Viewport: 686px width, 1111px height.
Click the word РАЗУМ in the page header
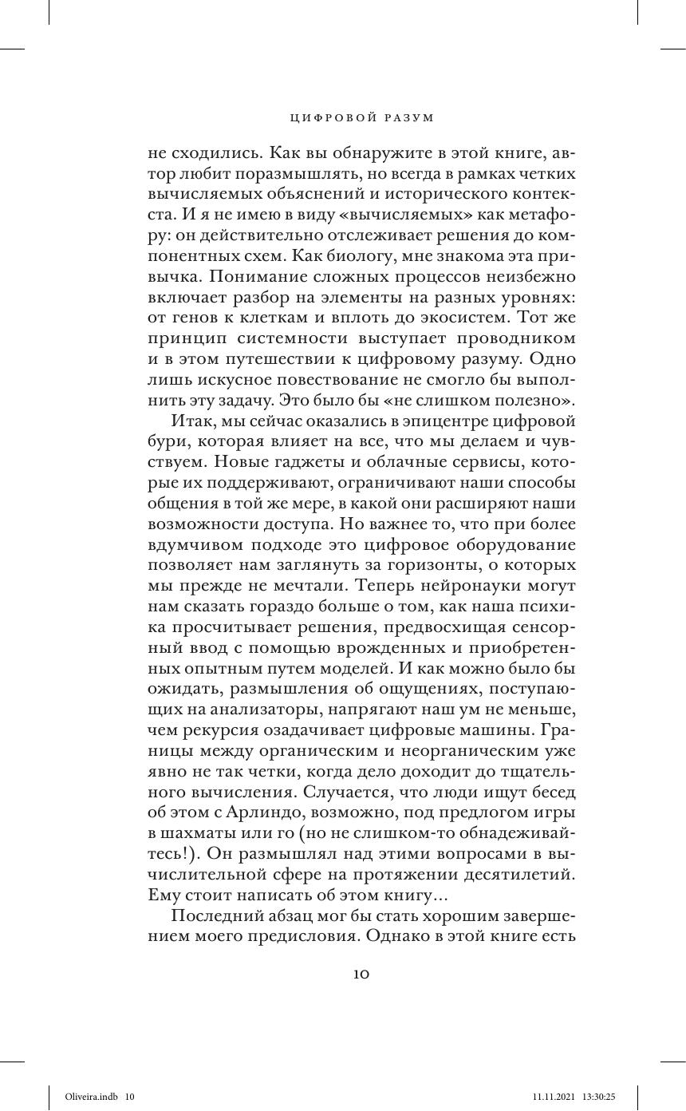point(408,118)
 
